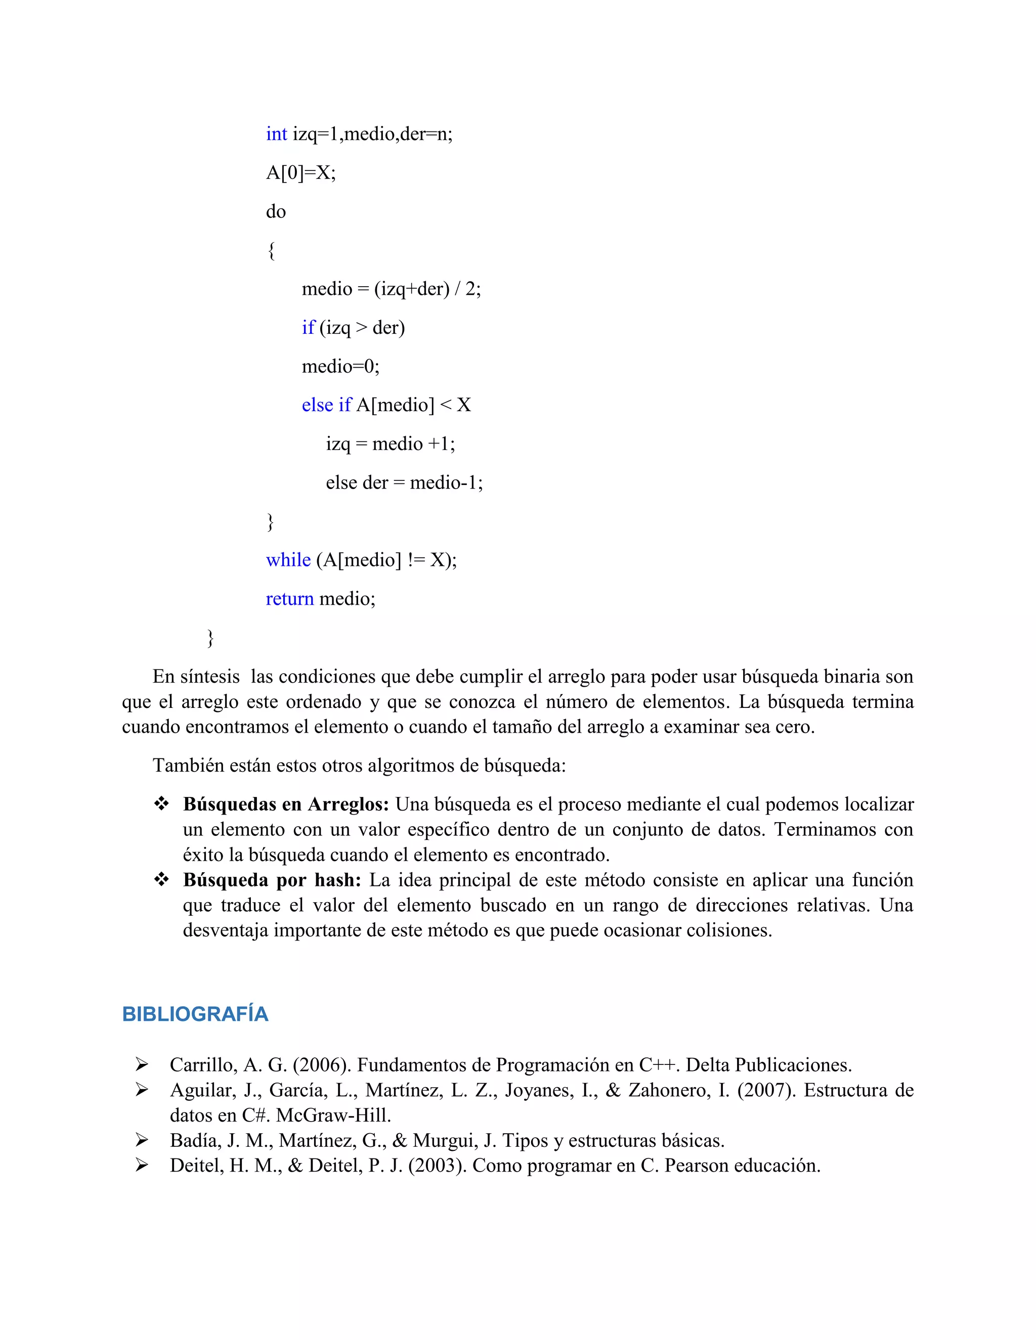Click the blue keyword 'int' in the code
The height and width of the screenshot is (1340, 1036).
click(276, 134)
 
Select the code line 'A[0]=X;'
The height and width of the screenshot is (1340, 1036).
click(301, 173)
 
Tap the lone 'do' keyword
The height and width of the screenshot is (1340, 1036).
click(276, 212)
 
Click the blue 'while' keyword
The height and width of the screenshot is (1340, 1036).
click(288, 560)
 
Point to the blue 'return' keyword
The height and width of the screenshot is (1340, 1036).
click(290, 598)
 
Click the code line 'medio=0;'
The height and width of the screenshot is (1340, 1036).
click(340, 366)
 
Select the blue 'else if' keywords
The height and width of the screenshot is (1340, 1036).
click(326, 405)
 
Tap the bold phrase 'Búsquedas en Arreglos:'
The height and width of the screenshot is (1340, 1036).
click(285, 804)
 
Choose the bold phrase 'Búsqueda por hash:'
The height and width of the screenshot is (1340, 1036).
click(272, 880)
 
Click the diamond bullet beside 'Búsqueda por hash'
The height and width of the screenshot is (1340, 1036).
click(161, 880)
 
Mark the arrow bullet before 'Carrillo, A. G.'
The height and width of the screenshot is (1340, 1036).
click(142, 1064)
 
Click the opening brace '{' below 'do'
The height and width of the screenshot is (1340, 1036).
click(271, 250)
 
